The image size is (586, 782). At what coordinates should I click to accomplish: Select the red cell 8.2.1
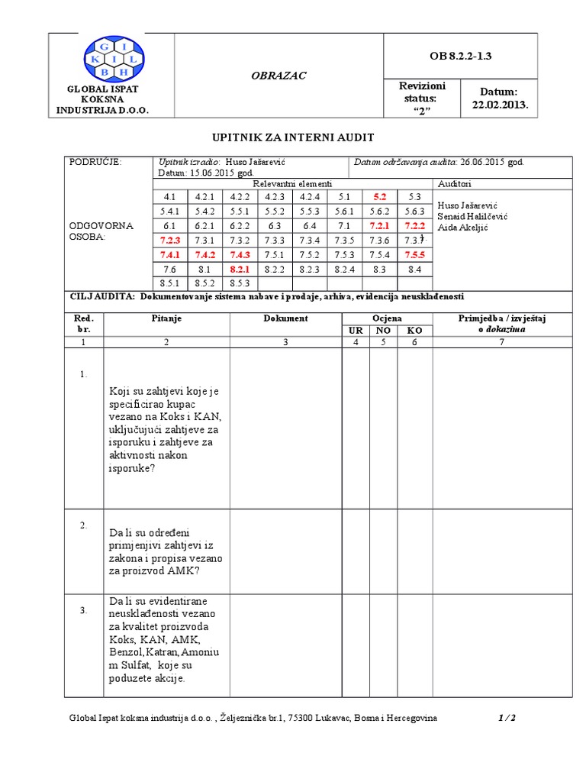point(240,269)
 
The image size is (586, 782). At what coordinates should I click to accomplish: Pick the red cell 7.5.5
point(414,254)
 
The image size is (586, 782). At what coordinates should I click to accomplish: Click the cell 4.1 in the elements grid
point(169,197)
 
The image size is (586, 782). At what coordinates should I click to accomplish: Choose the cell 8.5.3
point(240,283)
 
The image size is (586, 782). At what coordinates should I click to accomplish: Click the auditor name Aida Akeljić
point(463,228)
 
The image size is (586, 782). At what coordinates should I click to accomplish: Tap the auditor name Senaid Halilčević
point(472,216)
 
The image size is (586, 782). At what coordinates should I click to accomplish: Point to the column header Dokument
point(285,318)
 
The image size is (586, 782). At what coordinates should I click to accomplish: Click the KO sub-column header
point(414,330)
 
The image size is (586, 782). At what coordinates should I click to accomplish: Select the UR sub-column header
point(356,330)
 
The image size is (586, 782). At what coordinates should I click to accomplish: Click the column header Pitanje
point(166,318)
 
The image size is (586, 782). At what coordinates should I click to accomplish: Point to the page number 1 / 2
point(507,718)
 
